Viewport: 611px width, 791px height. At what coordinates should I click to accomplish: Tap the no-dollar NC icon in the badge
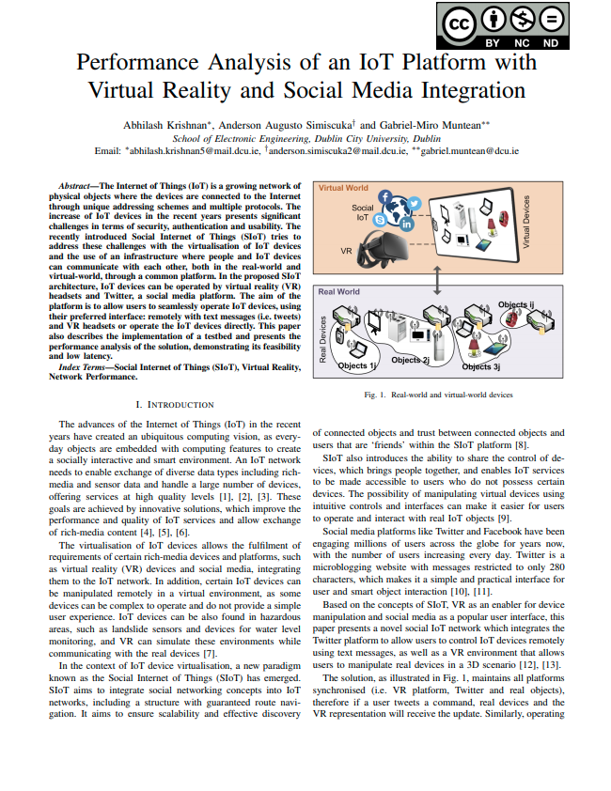click(523, 19)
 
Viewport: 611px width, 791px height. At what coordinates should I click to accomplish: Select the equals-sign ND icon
click(553, 19)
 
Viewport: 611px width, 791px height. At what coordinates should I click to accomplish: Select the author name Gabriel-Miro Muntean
click(425, 124)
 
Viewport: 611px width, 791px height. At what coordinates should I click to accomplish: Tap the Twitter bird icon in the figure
click(414, 204)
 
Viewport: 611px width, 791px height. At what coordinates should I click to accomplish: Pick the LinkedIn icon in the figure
click(407, 225)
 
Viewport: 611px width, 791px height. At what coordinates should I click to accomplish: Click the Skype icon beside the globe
click(381, 219)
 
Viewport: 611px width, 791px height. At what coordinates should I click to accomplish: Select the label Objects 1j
click(358, 365)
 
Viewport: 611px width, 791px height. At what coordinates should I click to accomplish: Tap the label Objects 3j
click(481, 366)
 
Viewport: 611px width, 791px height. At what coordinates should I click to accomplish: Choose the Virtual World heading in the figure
click(343, 189)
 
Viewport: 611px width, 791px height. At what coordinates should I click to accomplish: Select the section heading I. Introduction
click(175, 404)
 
